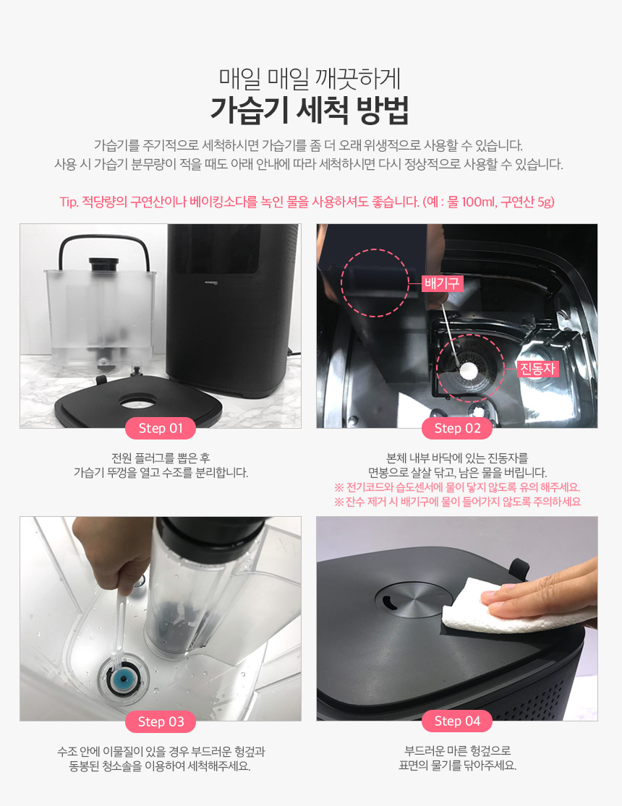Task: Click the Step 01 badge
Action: coord(161,428)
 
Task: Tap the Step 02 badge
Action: coord(457,428)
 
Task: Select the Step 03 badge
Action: coord(161,721)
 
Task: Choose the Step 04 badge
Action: coord(457,721)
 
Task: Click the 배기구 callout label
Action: coord(443,283)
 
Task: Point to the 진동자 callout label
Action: coord(537,369)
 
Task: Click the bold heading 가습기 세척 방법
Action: coord(310,110)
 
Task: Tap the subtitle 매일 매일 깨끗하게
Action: coord(310,79)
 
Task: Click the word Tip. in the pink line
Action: coord(69,202)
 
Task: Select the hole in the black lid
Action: coord(137,401)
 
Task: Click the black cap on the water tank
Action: coord(103,265)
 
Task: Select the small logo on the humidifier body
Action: coord(211,282)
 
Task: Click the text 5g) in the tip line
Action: coord(545,202)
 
